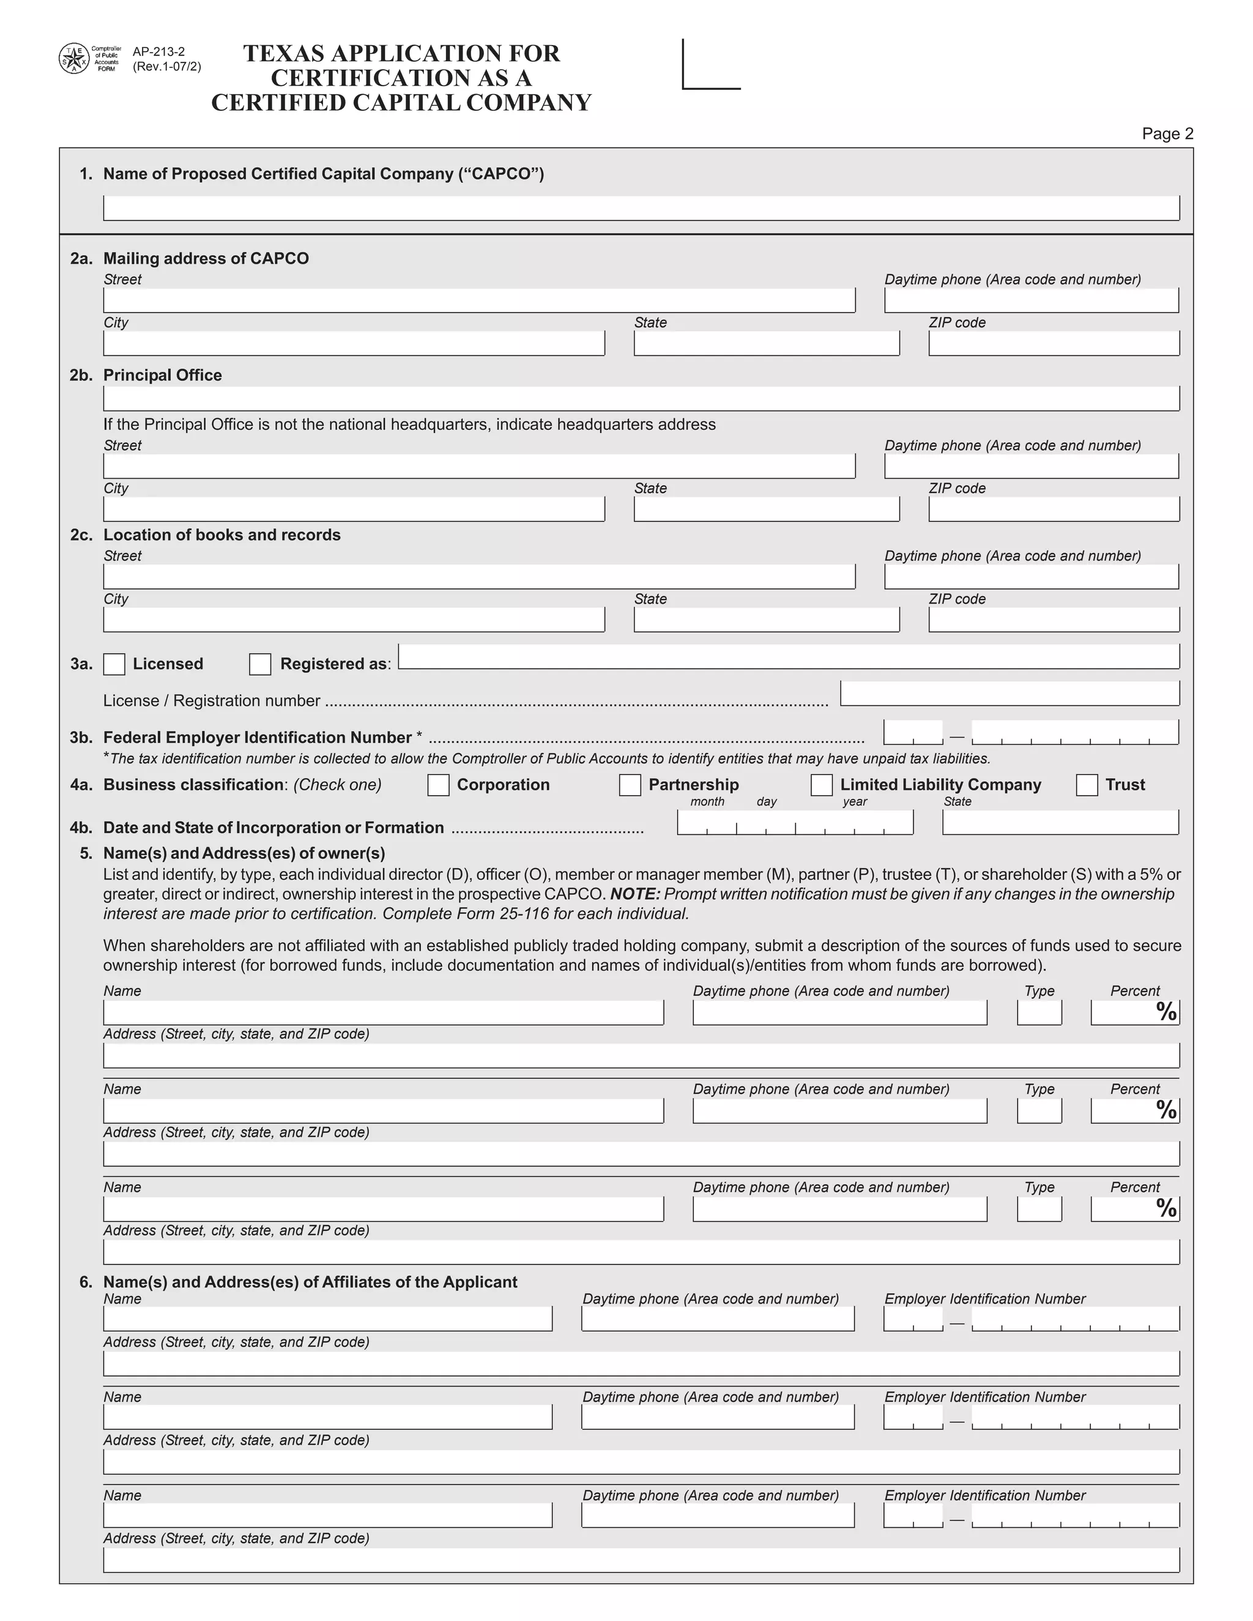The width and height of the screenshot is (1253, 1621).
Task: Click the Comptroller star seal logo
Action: (73, 59)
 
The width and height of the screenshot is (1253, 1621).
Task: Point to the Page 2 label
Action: (1167, 133)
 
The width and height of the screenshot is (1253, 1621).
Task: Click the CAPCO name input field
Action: (641, 208)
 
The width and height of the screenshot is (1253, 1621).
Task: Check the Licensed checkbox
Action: (114, 664)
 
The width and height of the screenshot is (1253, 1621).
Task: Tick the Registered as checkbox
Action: (260, 664)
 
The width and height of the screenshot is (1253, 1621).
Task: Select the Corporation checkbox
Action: (438, 785)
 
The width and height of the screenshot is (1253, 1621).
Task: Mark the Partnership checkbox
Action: (630, 785)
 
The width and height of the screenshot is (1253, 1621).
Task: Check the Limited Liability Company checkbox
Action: (821, 785)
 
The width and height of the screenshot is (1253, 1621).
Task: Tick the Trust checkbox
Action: (1087, 785)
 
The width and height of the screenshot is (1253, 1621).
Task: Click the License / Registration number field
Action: (1009, 693)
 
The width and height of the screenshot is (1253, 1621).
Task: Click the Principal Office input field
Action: (641, 399)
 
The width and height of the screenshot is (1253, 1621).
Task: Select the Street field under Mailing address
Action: (479, 300)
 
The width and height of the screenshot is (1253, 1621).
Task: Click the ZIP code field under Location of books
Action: (1054, 619)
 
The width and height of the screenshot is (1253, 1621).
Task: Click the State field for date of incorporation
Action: (1060, 822)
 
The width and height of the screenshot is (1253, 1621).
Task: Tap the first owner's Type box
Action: (1039, 1012)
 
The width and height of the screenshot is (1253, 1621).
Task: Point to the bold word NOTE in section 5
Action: (634, 894)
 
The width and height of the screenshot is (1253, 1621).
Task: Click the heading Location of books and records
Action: (222, 535)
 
